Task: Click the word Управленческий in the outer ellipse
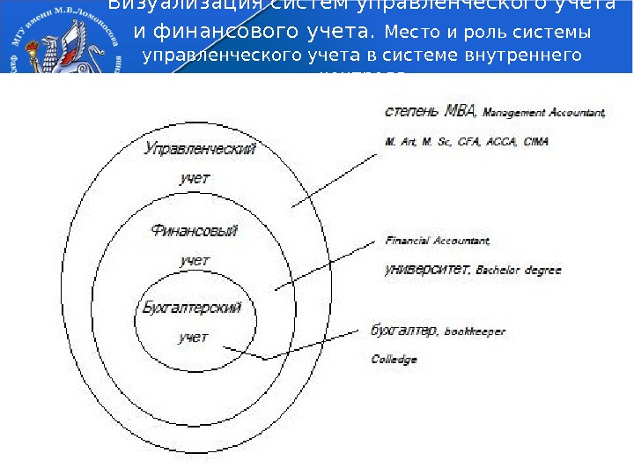pyautogui.click(x=200, y=149)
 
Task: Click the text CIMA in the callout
pyautogui.click(x=535, y=141)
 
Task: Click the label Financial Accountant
pyautogui.click(x=437, y=240)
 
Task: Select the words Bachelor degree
pyautogui.click(x=518, y=271)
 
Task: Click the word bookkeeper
pyautogui.click(x=475, y=332)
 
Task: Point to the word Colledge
pyautogui.click(x=394, y=360)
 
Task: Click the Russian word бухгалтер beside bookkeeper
pyautogui.click(x=404, y=331)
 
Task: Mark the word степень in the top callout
pyautogui.click(x=413, y=112)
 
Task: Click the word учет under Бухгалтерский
pyautogui.click(x=193, y=338)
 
